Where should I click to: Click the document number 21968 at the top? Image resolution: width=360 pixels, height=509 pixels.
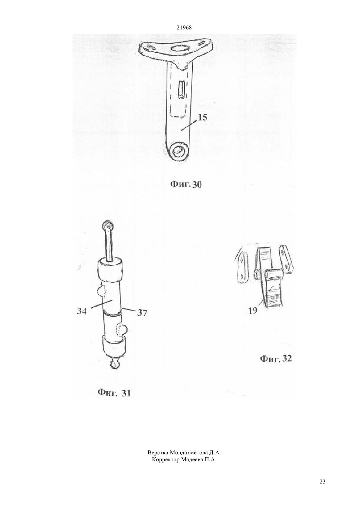184,27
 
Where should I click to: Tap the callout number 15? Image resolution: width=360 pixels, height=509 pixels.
202,118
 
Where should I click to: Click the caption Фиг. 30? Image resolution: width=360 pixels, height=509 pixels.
186,184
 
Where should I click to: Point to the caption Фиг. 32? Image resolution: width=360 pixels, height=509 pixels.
276,359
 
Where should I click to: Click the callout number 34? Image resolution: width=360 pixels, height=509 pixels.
82,311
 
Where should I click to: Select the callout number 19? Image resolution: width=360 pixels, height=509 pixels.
253,311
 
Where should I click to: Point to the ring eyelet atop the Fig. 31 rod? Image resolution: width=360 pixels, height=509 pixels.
107,226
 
